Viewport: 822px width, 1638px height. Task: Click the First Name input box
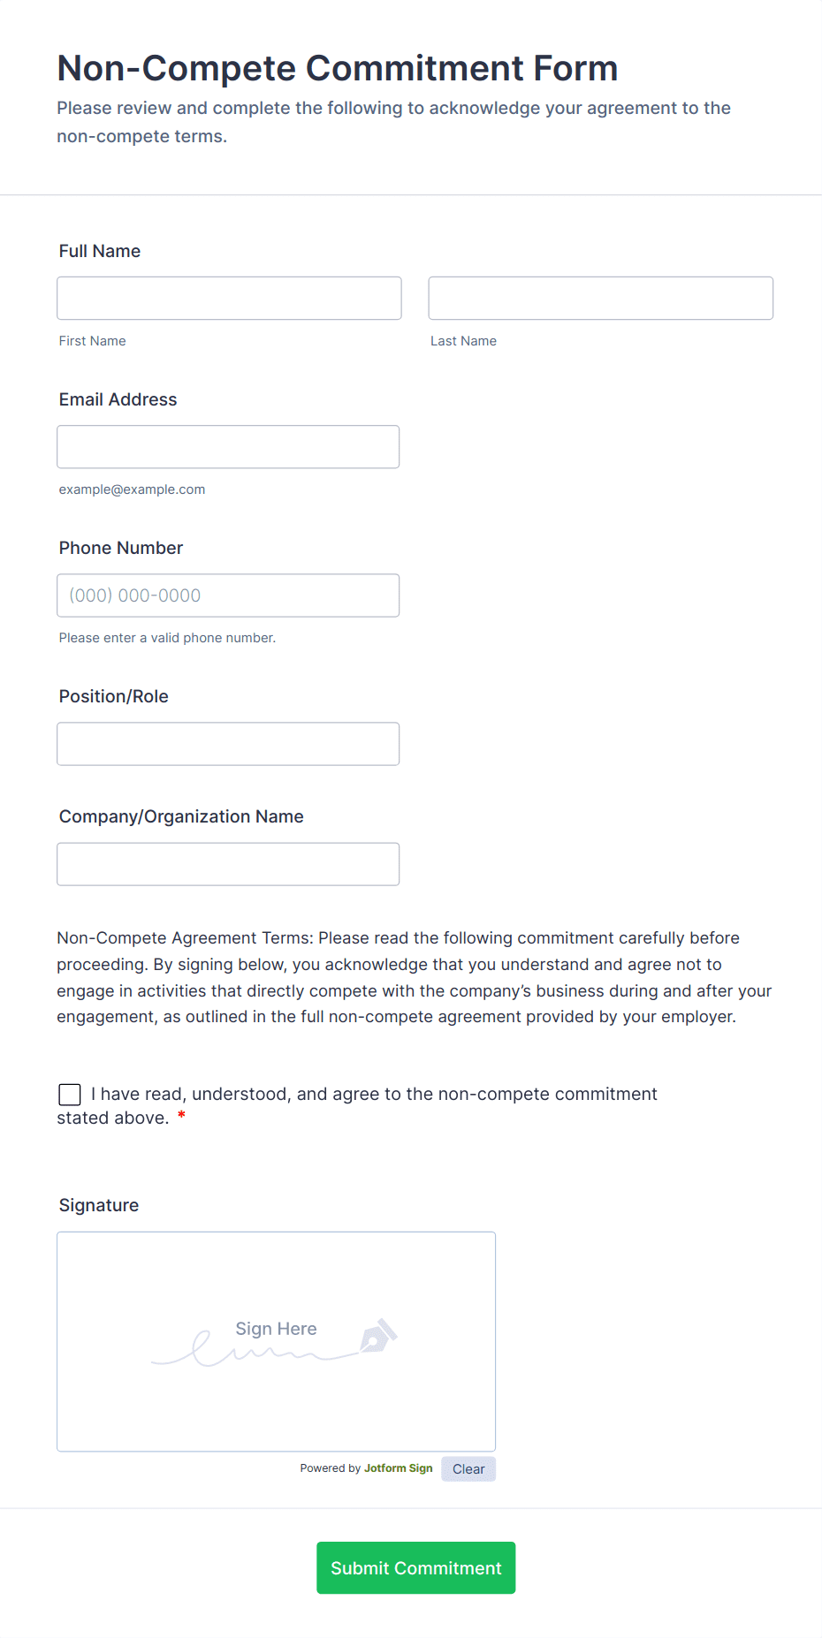[x=229, y=299]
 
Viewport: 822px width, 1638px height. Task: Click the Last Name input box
[x=600, y=299]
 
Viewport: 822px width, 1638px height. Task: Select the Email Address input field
[x=228, y=447]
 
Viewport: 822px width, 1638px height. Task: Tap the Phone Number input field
[x=228, y=595]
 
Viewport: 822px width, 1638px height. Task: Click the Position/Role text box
[x=228, y=744]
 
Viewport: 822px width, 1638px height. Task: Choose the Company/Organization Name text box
[x=228, y=864]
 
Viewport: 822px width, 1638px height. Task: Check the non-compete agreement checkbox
[x=70, y=1095]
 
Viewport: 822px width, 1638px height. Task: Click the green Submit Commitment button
[x=415, y=1568]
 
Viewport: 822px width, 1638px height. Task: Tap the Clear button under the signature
[x=468, y=1469]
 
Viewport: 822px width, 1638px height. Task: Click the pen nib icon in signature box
[x=378, y=1336]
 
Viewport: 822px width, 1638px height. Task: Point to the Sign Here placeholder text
[x=276, y=1329]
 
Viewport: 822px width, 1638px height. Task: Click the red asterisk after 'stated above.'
[x=181, y=1117]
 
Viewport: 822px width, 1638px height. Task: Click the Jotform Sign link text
[x=398, y=1468]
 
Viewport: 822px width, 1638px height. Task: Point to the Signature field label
[x=99, y=1205]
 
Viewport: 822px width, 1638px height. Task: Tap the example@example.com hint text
[x=132, y=489]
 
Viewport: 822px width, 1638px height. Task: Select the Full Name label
[x=100, y=251]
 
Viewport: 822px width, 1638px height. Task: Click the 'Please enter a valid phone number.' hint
[x=167, y=638]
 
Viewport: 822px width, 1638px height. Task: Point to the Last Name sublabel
[x=463, y=341]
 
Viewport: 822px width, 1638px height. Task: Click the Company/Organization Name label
[x=181, y=816]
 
